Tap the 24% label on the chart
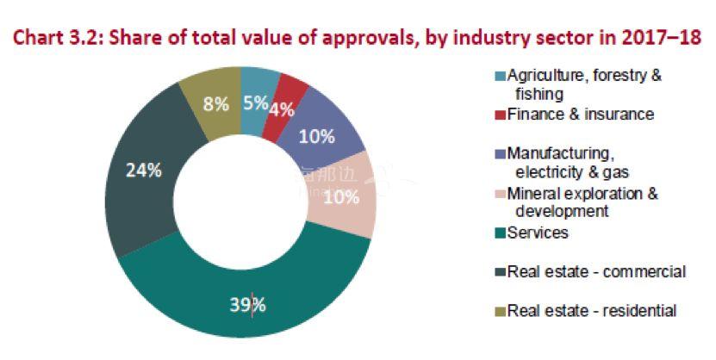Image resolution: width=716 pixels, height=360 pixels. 144,170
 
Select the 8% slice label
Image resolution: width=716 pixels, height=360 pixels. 215,103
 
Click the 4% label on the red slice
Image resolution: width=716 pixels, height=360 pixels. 283,110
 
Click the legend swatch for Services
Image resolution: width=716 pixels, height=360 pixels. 499,233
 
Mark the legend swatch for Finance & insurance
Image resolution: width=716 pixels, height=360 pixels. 499,114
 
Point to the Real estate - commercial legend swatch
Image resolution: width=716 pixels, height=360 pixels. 499,272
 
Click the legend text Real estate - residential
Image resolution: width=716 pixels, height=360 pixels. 592,311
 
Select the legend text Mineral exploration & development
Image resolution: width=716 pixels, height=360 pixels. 583,202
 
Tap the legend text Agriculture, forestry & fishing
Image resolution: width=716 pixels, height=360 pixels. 584,84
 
